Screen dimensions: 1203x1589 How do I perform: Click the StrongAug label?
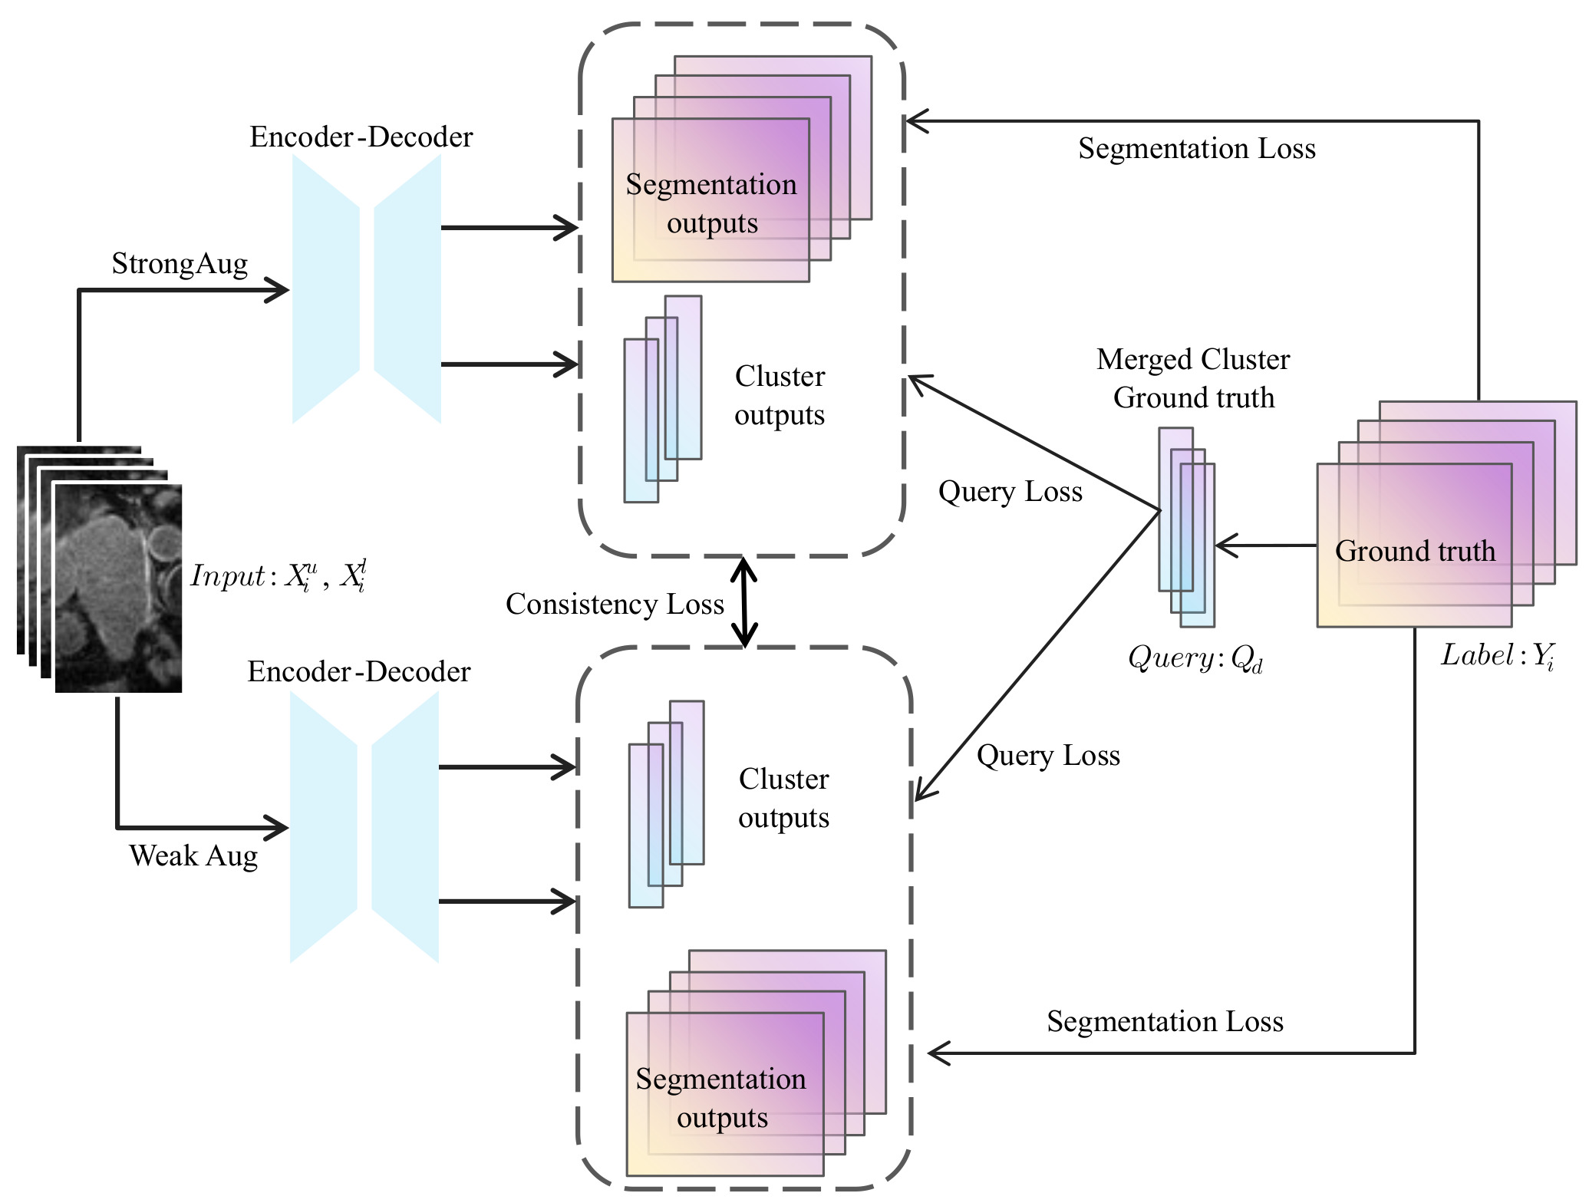click(180, 264)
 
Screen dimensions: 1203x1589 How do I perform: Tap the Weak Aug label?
click(193, 855)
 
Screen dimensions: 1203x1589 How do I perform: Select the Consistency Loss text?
click(615, 605)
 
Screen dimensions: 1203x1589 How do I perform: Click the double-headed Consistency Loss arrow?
click(743, 602)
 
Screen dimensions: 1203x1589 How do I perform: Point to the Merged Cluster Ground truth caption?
click(1193, 378)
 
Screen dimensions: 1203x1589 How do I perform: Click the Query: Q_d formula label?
click(1195, 658)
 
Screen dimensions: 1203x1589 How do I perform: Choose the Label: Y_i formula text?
click(1497, 656)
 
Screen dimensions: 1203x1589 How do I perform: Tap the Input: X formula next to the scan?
click(278, 575)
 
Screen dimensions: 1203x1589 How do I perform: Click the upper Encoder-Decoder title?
click(361, 137)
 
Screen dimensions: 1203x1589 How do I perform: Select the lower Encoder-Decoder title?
click(358, 672)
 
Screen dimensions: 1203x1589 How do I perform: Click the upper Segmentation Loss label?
click(1196, 149)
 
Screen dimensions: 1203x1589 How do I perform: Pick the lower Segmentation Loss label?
click(1165, 1022)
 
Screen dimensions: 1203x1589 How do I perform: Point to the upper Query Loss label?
click(1010, 492)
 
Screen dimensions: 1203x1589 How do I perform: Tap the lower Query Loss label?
click(1048, 756)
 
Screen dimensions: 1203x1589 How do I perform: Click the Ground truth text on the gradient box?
click(1415, 551)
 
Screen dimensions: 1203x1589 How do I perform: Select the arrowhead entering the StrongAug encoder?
click(278, 290)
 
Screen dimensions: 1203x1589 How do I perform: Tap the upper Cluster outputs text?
click(780, 396)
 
